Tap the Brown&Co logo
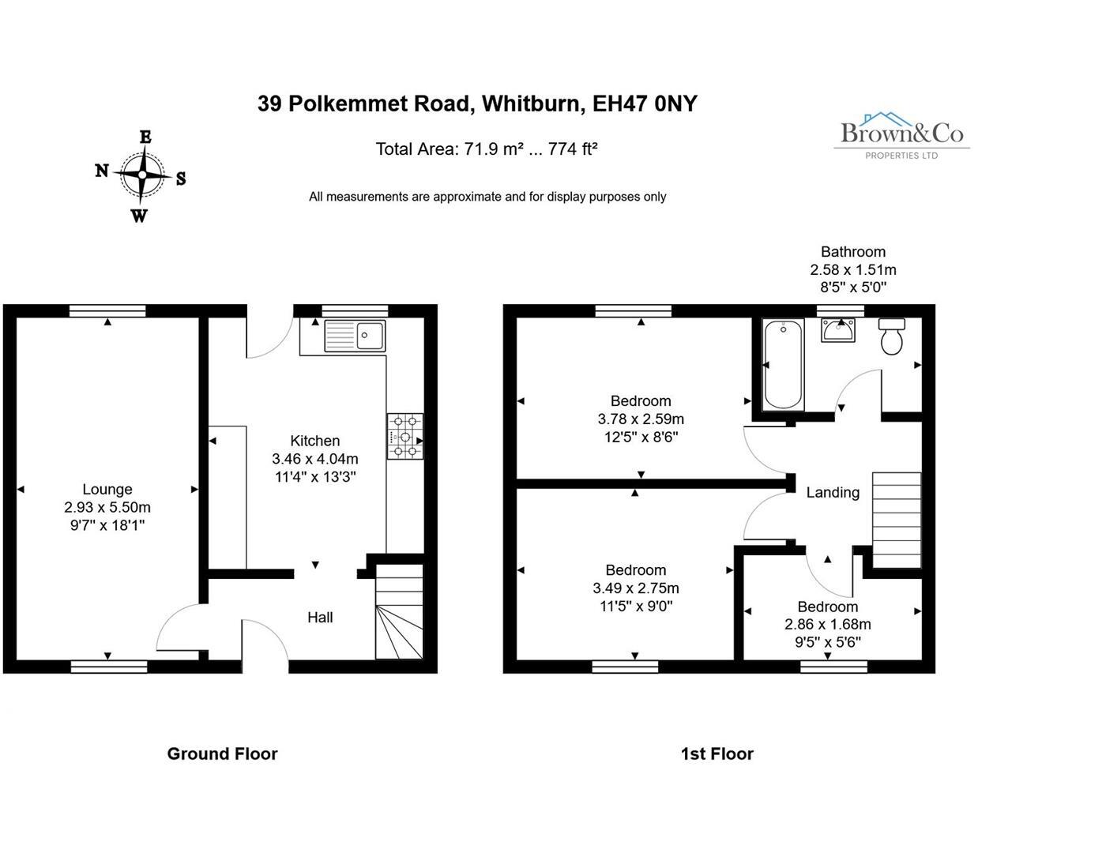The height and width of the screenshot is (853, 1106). [x=901, y=136]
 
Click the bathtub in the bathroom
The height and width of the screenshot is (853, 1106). [x=784, y=364]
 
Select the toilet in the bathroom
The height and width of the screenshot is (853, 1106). [x=892, y=337]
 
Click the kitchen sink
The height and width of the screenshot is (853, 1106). [x=355, y=336]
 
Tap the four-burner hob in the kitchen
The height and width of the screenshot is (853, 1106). [x=404, y=436]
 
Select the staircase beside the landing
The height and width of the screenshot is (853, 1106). [x=897, y=519]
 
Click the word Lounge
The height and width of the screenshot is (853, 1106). [x=107, y=489]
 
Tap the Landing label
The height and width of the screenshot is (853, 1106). [x=833, y=492]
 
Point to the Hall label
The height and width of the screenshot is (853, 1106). [x=320, y=617]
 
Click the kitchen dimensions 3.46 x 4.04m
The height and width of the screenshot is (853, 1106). [x=315, y=459]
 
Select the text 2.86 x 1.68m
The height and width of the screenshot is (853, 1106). [x=828, y=624]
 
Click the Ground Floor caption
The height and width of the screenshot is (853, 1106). [x=222, y=753]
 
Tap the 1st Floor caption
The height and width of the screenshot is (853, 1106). [x=717, y=753]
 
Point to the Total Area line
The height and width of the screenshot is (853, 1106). [x=486, y=148]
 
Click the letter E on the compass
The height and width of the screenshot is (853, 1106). [x=145, y=137]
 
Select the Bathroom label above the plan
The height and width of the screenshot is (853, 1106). [x=853, y=252]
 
